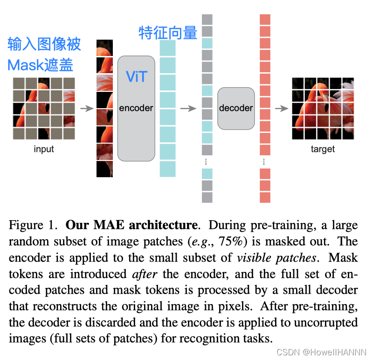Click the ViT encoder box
coord(136,108)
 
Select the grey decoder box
coord(236,108)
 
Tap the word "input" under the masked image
coord(44,149)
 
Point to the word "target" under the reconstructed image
coord(323,149)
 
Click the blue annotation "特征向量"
coord(168,33)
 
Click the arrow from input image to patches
coord(87,109)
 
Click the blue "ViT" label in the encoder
coord(136,77)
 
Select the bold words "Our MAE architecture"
coord(131,225)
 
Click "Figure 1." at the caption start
coord(33,225)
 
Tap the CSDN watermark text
coord(322,352)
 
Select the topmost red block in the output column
coord(265,19)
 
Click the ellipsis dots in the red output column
coord(264,162)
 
